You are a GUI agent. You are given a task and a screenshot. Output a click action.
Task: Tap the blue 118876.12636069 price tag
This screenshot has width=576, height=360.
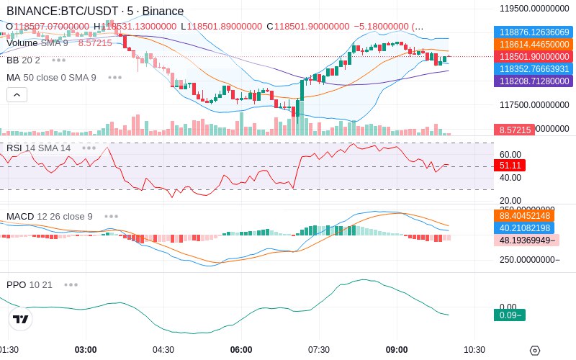pyautogui.click(x=534, y=32)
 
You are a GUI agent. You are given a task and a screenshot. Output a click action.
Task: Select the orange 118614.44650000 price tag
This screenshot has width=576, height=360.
pyautogui.click(x=534, y=45)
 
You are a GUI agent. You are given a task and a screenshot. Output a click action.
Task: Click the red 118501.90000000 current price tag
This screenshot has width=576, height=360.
pyautogui.click(x=534, y=57)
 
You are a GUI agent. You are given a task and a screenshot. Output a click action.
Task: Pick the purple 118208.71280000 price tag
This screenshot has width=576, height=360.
pyautogui.click(x=534, y=81)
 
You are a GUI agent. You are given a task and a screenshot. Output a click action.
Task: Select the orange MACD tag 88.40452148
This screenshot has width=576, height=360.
pyautogui.click(x=534, y=215)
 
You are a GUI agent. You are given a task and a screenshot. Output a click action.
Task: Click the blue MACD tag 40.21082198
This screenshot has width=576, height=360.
pyautogui.click(x=534, y=228)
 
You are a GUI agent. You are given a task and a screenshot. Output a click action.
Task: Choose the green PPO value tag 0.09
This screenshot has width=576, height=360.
pyautogui.click(x=510, y=315)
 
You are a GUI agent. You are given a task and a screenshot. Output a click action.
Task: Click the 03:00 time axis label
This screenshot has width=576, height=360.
pyautogui.click(x=86, y=350)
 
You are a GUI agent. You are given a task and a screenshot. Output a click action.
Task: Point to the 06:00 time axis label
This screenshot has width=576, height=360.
pyautogui.click(x=241, y=350)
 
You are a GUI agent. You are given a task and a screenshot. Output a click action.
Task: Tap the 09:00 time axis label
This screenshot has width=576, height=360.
pyautogui.click(x=397, y=350)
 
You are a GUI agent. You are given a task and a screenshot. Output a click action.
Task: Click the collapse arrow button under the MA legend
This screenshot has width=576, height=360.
pyautogui.click(x=17, y=94)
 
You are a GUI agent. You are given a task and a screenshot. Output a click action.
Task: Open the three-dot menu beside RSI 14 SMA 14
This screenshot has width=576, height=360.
pyautogui.click(x=89, y=148)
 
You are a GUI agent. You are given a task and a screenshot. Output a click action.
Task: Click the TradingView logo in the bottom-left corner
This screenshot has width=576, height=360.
pyautogui.click(x=21, y=319)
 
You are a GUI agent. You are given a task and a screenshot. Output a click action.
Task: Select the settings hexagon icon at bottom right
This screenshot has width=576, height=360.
pyautogui.click(x=534, y=351)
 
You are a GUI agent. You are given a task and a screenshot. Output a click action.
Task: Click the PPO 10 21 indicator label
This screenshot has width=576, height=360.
pyautogui.click(x=30, y=284)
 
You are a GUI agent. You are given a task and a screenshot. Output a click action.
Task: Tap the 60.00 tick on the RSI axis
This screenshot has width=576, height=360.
pyautogui.click(x=510, y=154)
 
